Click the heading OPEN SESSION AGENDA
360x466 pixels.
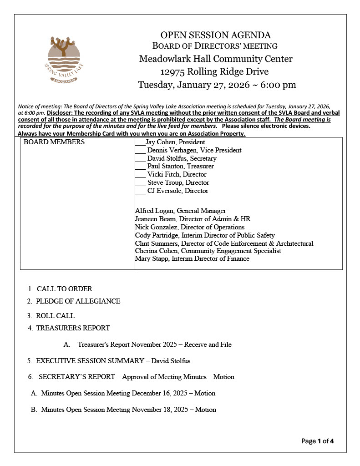coord(216,35)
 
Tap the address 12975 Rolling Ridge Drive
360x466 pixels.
coord(214,71)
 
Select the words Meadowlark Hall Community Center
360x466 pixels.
coord(216,59)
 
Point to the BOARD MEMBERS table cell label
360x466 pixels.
coord(54,142)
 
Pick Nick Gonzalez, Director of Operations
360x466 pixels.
coord(190,227)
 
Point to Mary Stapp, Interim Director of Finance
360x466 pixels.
coord(192,258)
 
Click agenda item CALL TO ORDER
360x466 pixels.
coord(64,289)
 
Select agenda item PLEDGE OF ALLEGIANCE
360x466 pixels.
coord(78,301)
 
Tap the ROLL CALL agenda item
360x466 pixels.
coord(55,315)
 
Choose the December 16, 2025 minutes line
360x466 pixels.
coord(128,393)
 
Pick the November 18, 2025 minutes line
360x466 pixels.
coord(128,410)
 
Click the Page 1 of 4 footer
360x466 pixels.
coord(318,441)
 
